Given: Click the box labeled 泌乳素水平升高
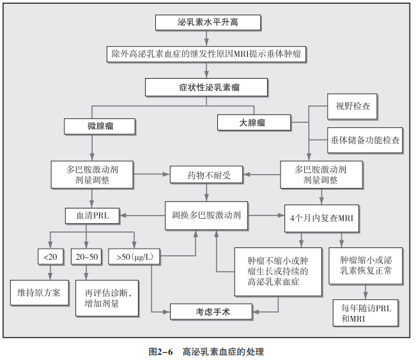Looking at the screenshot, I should pyautogui.click(x=208, y=22).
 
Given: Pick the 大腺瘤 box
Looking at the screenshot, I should pyautogui.click(x=254, y=121).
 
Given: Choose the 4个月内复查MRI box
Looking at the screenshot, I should pyautogui.click(x=321, y=216).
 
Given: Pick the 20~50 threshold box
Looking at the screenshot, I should pyautogui.click(x=86, y=256).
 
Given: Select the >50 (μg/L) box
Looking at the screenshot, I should pyautogui.click(x=134, y=256).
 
